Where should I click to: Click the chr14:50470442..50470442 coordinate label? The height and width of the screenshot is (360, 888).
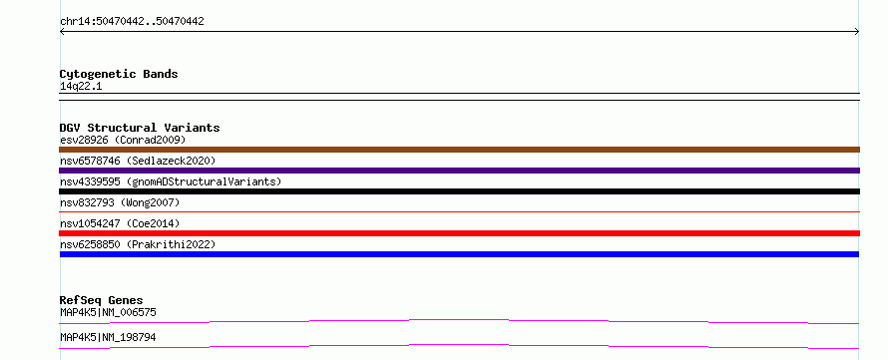point(132,22)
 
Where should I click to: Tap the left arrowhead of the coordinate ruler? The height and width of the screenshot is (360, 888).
point(62,32)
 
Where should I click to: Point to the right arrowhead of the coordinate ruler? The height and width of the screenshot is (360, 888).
point(857,32)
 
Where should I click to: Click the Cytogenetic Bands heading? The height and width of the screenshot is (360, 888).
point(119,74)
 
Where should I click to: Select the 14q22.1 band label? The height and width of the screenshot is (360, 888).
point(81,87)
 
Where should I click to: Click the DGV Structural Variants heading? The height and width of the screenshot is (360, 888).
point(140,128)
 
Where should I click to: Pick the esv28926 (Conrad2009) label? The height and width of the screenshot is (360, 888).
point(123,140)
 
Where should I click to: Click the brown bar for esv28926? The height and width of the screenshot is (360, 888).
point(459,150)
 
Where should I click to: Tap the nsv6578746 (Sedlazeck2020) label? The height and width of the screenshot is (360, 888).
point(138,161)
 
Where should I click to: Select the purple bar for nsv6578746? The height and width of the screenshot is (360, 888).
point(459,171)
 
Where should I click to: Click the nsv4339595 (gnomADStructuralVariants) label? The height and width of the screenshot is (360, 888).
point(171,181)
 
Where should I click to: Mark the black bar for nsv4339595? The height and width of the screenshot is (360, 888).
point(459,191)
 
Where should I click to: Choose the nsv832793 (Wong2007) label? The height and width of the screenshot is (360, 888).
point(120,202)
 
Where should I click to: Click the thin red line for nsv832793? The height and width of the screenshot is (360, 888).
point(459,211)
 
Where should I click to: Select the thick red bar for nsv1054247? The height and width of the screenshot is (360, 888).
point(459,233)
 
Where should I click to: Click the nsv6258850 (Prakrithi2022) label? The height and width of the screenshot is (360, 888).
point(138,244)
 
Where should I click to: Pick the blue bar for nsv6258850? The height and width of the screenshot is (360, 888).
point(459,254)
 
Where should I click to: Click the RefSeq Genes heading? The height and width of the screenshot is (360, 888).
point(101,300)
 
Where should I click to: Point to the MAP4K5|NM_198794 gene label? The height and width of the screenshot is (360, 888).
point(108,338)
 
